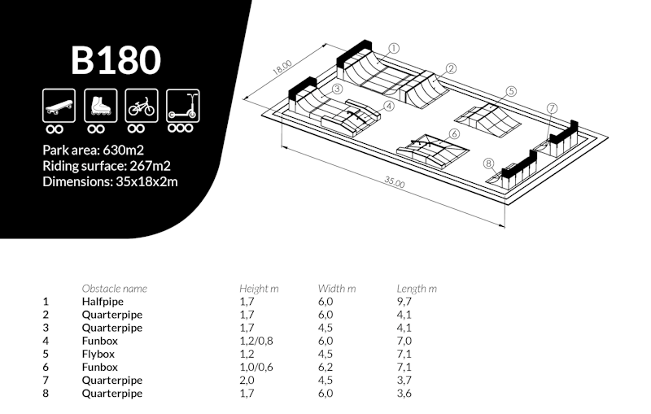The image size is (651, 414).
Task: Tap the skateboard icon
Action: (x=58, y=105)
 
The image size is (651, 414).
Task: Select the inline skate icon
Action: (x=99, y=105)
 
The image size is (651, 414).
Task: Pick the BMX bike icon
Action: (x=140, y=105)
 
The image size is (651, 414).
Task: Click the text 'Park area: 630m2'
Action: (x=94, y=150)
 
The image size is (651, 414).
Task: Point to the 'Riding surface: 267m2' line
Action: (x=107, y=165)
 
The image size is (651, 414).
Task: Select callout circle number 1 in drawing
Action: (x=394, y=48)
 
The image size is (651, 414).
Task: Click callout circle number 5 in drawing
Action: (x=511, y=91)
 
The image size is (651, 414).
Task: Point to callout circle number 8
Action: (x=488, y=163)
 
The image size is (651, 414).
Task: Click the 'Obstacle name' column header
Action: (x=115, y=288)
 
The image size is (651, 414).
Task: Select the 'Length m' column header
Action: (x=417, y=288)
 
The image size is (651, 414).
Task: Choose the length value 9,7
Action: (x=404, y=301)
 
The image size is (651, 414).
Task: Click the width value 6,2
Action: (x=325, y=367)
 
